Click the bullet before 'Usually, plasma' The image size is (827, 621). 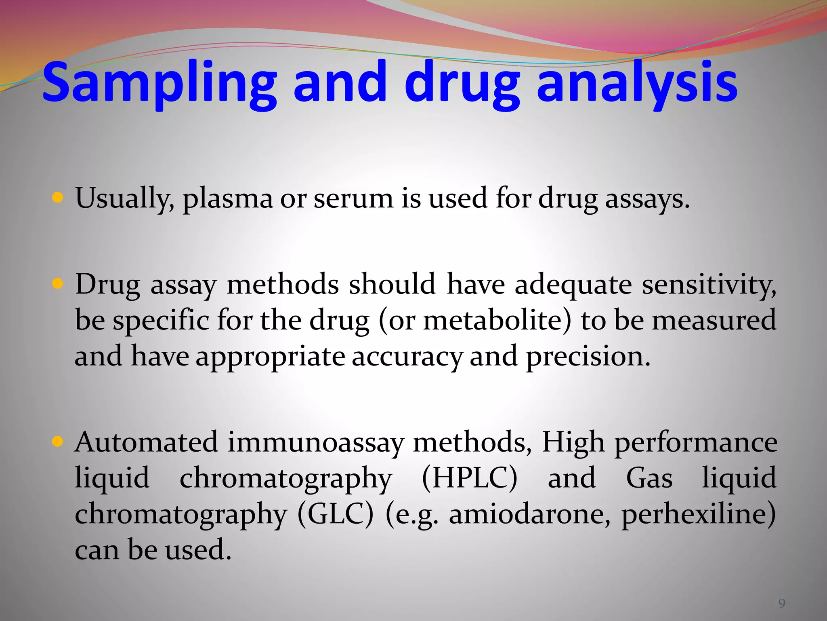click(58, 198)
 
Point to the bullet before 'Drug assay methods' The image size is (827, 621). click(58, 284)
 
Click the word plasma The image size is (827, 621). click(228, 199)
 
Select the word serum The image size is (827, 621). click(353, 199)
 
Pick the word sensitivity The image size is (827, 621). click(709, 285)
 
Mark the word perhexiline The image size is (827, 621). click(695, 514)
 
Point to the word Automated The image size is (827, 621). click(147, 441)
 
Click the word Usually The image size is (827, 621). click(125, 199)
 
